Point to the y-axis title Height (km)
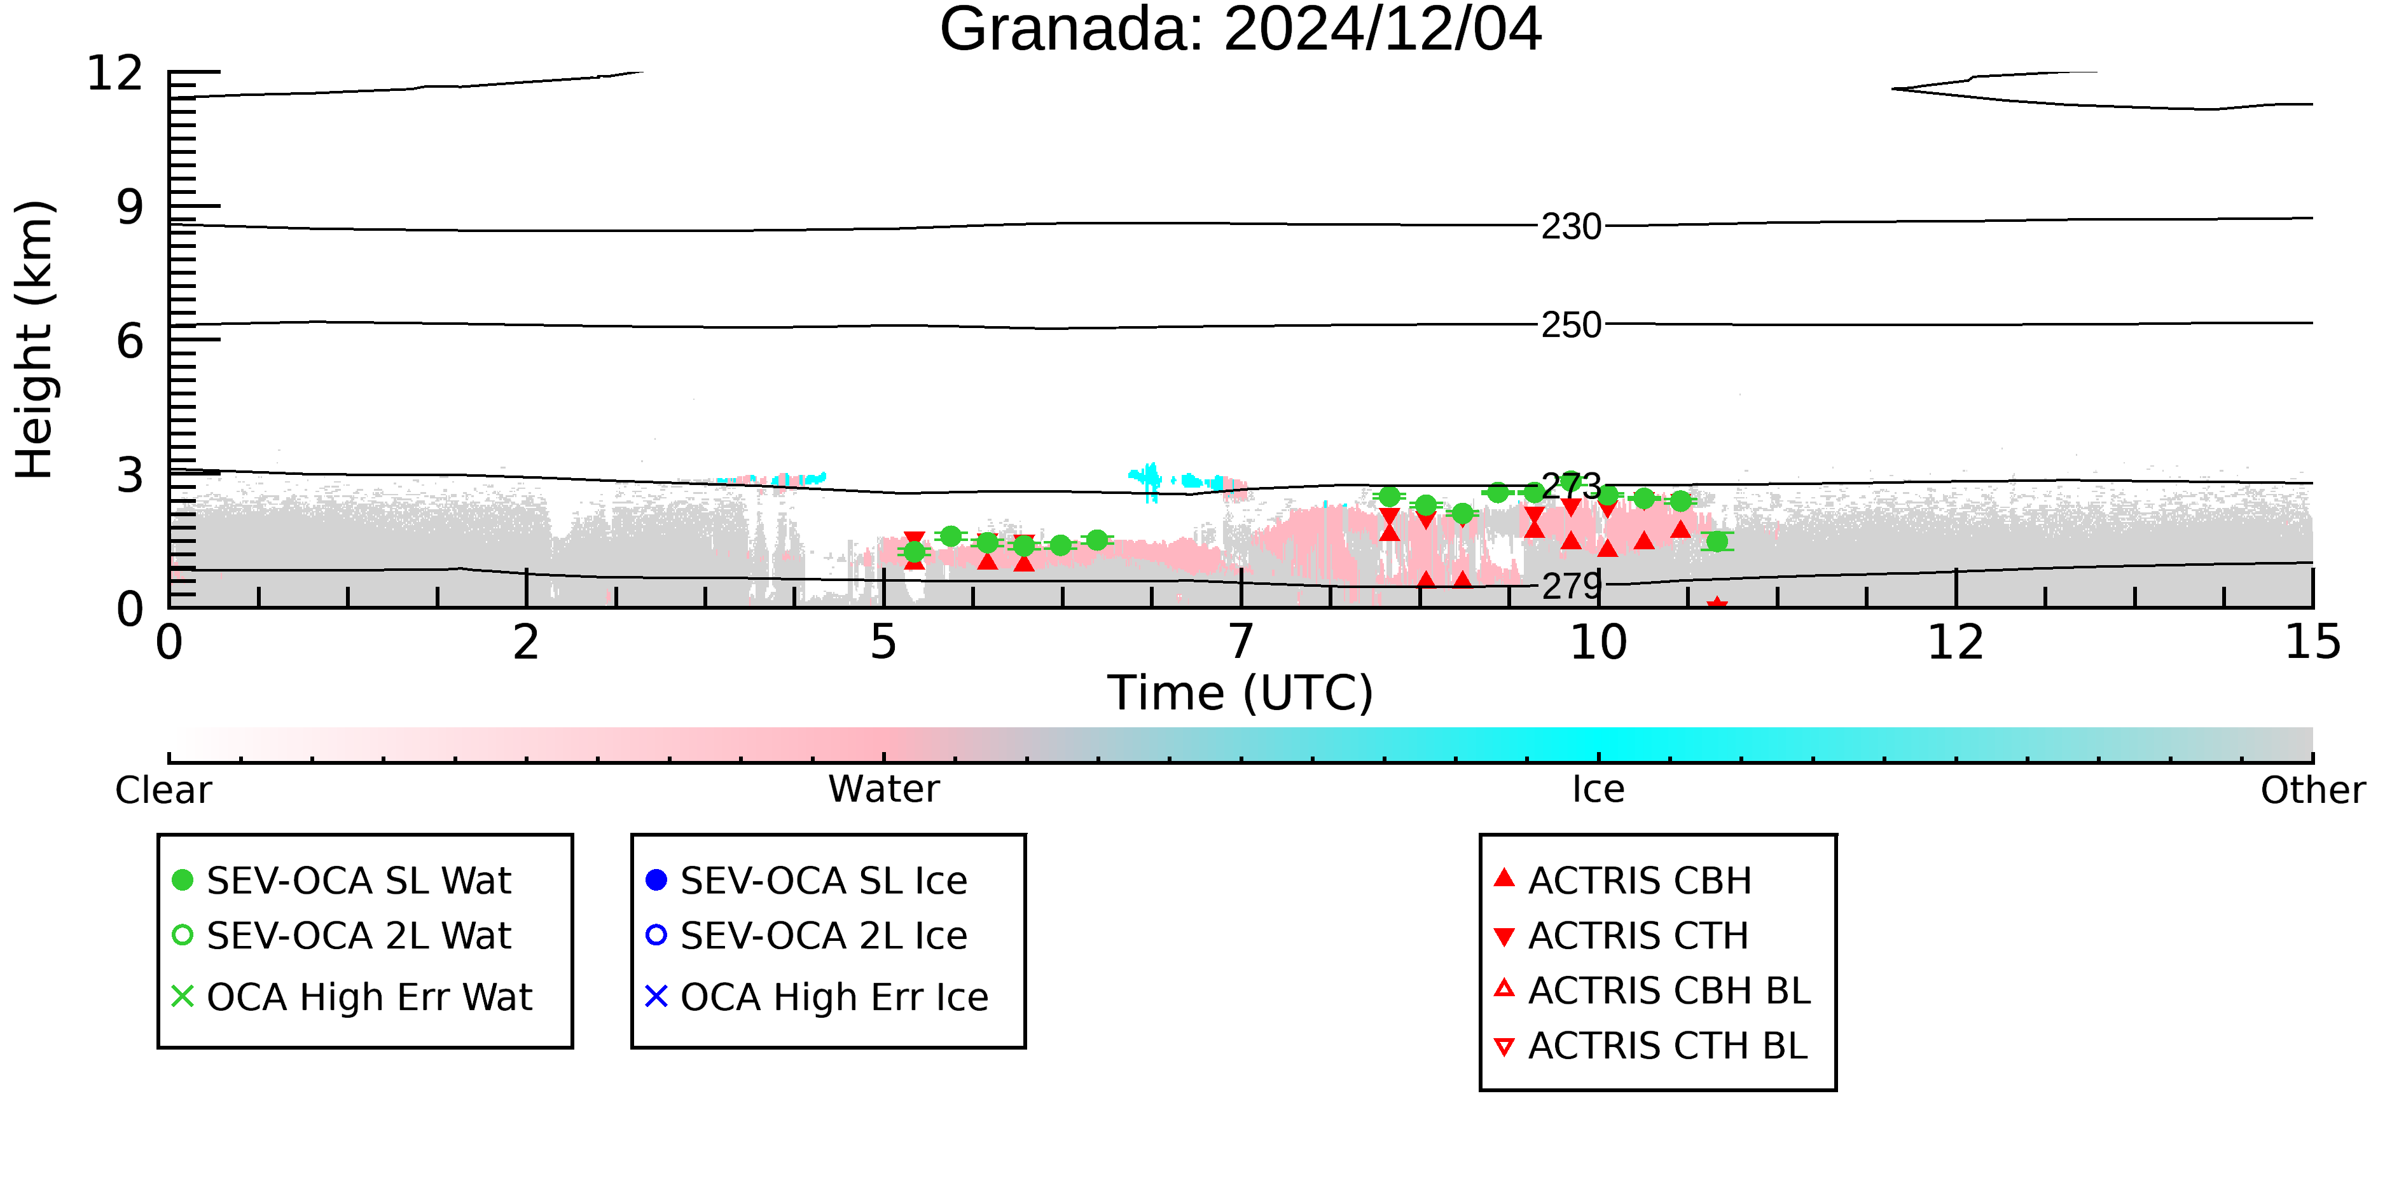(34, 339)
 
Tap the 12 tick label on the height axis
(115, 73)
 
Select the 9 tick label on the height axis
(130, 207)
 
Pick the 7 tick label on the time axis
(1241, 642)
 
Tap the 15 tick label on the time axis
(2312, 642)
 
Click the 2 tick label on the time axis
(526, 642)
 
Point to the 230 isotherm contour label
(1571, 227)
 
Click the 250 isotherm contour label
(1571, 325)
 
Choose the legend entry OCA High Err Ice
(817, 997)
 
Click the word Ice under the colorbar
(1598, 790)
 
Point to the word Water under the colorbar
(884, 790)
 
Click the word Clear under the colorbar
(163, 790)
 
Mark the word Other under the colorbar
(2312, 790)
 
